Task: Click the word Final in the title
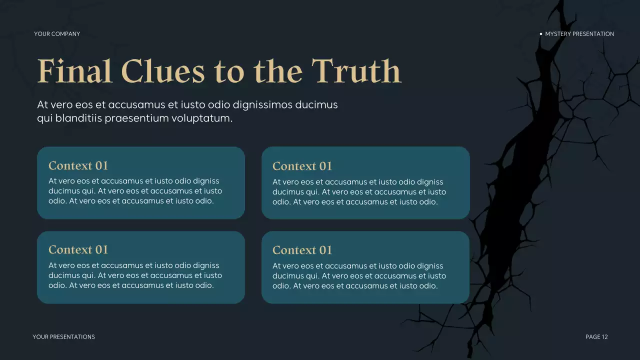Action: pyautogui.click(x=74, y=71)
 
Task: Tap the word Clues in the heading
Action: pyautogui.click(x=162, y=71)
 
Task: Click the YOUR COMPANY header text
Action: pyautogui.click(x=57, y=34)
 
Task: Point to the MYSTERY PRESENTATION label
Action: pyautogui.click(x=579, y=34)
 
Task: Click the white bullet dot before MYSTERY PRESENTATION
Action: pyautogui.click(x=541, y=34)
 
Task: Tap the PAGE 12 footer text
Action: pyautogui.click(x=596, y=337)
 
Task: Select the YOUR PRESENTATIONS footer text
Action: pyautogui.click(x=63, y=337)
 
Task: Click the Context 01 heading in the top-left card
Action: pyautogui.click(x=78, y=166)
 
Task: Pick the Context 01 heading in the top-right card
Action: pyautogui.click(x=302, y=166)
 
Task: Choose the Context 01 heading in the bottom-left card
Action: pyautogui.click(x=78, y=250)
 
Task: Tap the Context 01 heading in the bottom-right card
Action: pyautogui.click(x=302, y=250)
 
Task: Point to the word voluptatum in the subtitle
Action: pyautogui.click(x=206, y=119)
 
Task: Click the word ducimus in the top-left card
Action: pyautogui.click(x=64, y=191)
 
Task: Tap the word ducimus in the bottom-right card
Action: pyautogui.click(x=288, y=276)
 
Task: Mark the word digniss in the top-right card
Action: pyautogui.click(x=429, y=182)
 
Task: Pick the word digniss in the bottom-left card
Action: pyautogui.click(x=205, y=265)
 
